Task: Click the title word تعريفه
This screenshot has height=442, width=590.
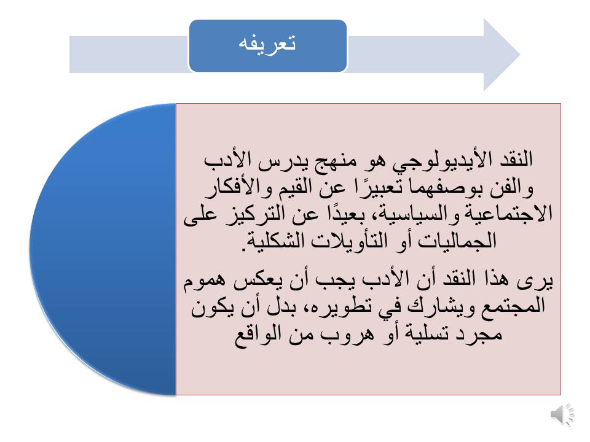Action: tap(267, 44)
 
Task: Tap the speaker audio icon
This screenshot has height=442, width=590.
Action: tap(562, 414)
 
